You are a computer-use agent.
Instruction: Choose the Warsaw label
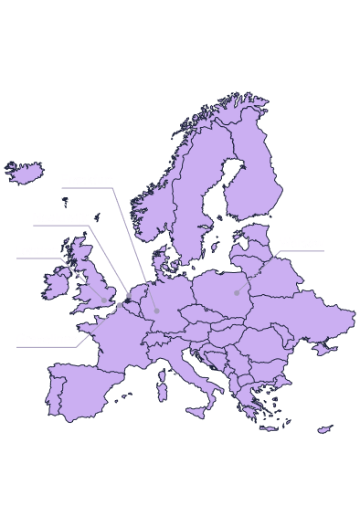click(x=302, y=243)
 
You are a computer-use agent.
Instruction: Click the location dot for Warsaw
click(x=237, y=292)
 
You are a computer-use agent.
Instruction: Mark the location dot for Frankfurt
click(x=156, y=311)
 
